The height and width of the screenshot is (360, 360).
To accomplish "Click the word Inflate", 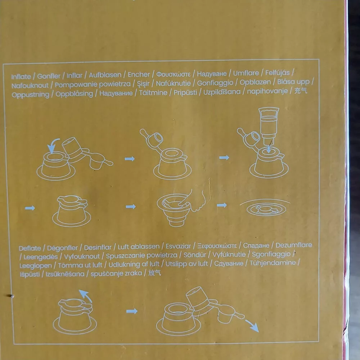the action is pos(21,76).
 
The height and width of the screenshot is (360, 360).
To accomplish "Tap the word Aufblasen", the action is pos(105,75).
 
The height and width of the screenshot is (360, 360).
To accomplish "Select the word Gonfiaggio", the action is pos(215,83).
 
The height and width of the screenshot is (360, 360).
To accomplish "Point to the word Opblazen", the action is pos(255,82).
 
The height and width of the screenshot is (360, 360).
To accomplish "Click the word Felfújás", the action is pos(277,73).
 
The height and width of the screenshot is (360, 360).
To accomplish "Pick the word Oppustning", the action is pos(31,95).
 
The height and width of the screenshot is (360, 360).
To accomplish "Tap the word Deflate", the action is pos(30,248).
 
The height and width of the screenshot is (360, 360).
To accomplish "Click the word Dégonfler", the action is pos(62,248).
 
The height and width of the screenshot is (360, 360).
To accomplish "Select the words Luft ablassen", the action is pos(139,247).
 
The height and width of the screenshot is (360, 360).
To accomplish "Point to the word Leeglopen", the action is pos(36,266).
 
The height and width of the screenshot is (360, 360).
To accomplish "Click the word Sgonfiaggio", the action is pos(271,255).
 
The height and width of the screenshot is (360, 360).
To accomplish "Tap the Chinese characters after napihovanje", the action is pos(301,91).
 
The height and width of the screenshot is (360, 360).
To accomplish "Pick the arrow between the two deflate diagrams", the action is pos(132,311).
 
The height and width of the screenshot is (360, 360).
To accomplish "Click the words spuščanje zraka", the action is pos(116,274).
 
